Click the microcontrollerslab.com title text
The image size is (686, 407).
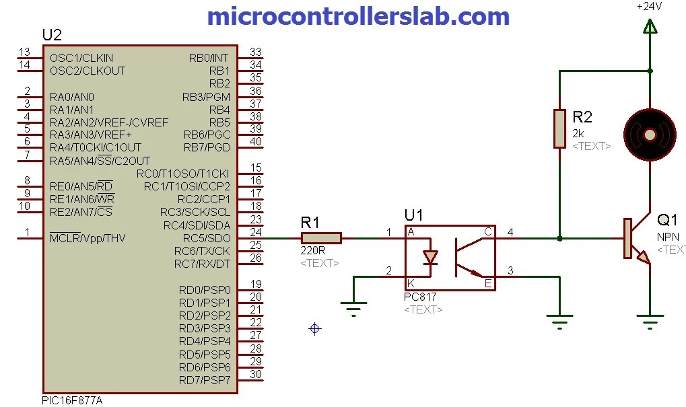pyautogui.click(x=357, y=15)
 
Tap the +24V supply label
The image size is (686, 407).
pyautogui.click(x=649, y=6)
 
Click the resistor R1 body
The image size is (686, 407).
pyautogui.click(x=321, y=238)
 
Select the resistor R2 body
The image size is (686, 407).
pyautogui.click(x=559, y=128)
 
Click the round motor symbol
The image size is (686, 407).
pyautogui.click(x=649, y=135)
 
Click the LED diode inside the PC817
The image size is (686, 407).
pyautogui.click(x=429, y=257)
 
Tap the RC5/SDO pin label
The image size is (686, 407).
pyautogui.click(x=207, y=238)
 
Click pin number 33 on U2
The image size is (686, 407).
pyautogui.click(x=255, y=52)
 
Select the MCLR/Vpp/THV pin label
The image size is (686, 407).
pyautogui.click(x=87, y=238)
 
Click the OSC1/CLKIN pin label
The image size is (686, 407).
pyautogui.click(x=81, y=58)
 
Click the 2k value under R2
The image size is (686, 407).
pyautogui.click(x=578, y=133)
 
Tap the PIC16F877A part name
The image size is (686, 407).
pyautogui.click(x=72, y=400)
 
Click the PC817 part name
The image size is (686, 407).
pyautogui.click(x=419, y=297)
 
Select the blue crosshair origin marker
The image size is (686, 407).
pyautogui.click(x=314, y=328)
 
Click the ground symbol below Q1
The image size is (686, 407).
pyautogui.click(x=650, y=324)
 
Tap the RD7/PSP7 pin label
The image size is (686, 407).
pyautogui.click(x=205, y=380)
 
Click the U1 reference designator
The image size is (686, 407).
pyautogui.click(x=414, y=215)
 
